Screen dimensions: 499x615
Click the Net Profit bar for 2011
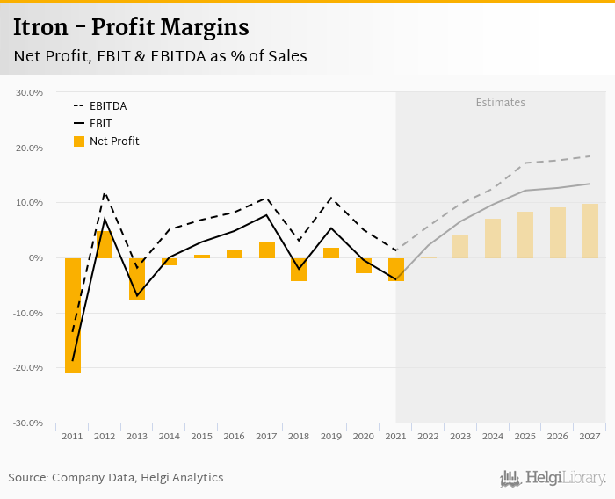pyautogui.click(x=73, y=315)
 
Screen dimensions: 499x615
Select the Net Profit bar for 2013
pyautogui.click(x=137, y=278)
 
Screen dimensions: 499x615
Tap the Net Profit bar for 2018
pyautogui.click(x=299, y=269)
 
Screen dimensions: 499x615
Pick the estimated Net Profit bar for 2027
pyautogui.click(x=590, y=231)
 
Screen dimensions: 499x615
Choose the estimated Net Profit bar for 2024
pyautogui.click(x=493, y=238)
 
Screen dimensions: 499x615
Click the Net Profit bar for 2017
pyautogui.click(x=267, y=250)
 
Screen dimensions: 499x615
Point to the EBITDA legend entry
pyautogui.click(x=108, y=106)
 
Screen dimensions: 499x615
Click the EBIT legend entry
pyautogui.click(x=100, y=124)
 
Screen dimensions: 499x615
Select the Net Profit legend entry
pyautogui.click(x=114, y=141)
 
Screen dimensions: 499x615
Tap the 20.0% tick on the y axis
pyautogui.click(x=31, y=148)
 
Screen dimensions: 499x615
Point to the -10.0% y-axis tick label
pyautogui.click(x=29, y=314)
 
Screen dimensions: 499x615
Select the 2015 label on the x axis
pyautogui.click(x=202, y=437)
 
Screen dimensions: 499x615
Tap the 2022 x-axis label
pyautogui.click(x=429, y=437)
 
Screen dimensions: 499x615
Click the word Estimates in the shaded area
pyautogui.click(x=501, y=103)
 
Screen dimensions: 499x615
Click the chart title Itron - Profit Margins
pyautogui.click(x=131, y=28)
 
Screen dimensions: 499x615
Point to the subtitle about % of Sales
pyautogui.click(x=160, y=56)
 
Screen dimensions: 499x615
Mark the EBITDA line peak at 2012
pyautogui.click(x=105, y=193)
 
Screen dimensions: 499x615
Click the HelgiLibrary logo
pyautogui.click(x=553, y=478)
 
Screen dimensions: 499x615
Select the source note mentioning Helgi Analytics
pyautogui.click(x=116, y=478)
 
